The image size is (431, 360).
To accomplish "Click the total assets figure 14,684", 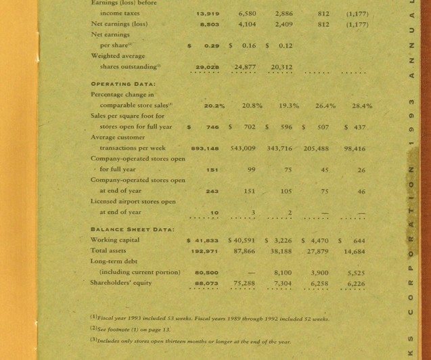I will tap(355, 251).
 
